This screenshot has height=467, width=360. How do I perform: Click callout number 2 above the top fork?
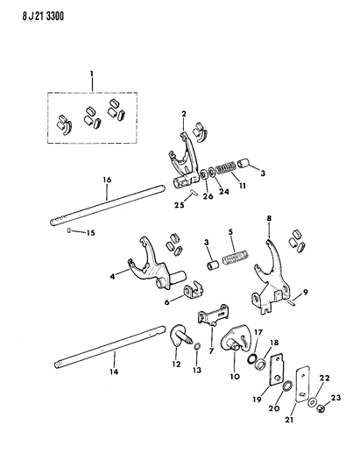[x=185, y=114]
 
